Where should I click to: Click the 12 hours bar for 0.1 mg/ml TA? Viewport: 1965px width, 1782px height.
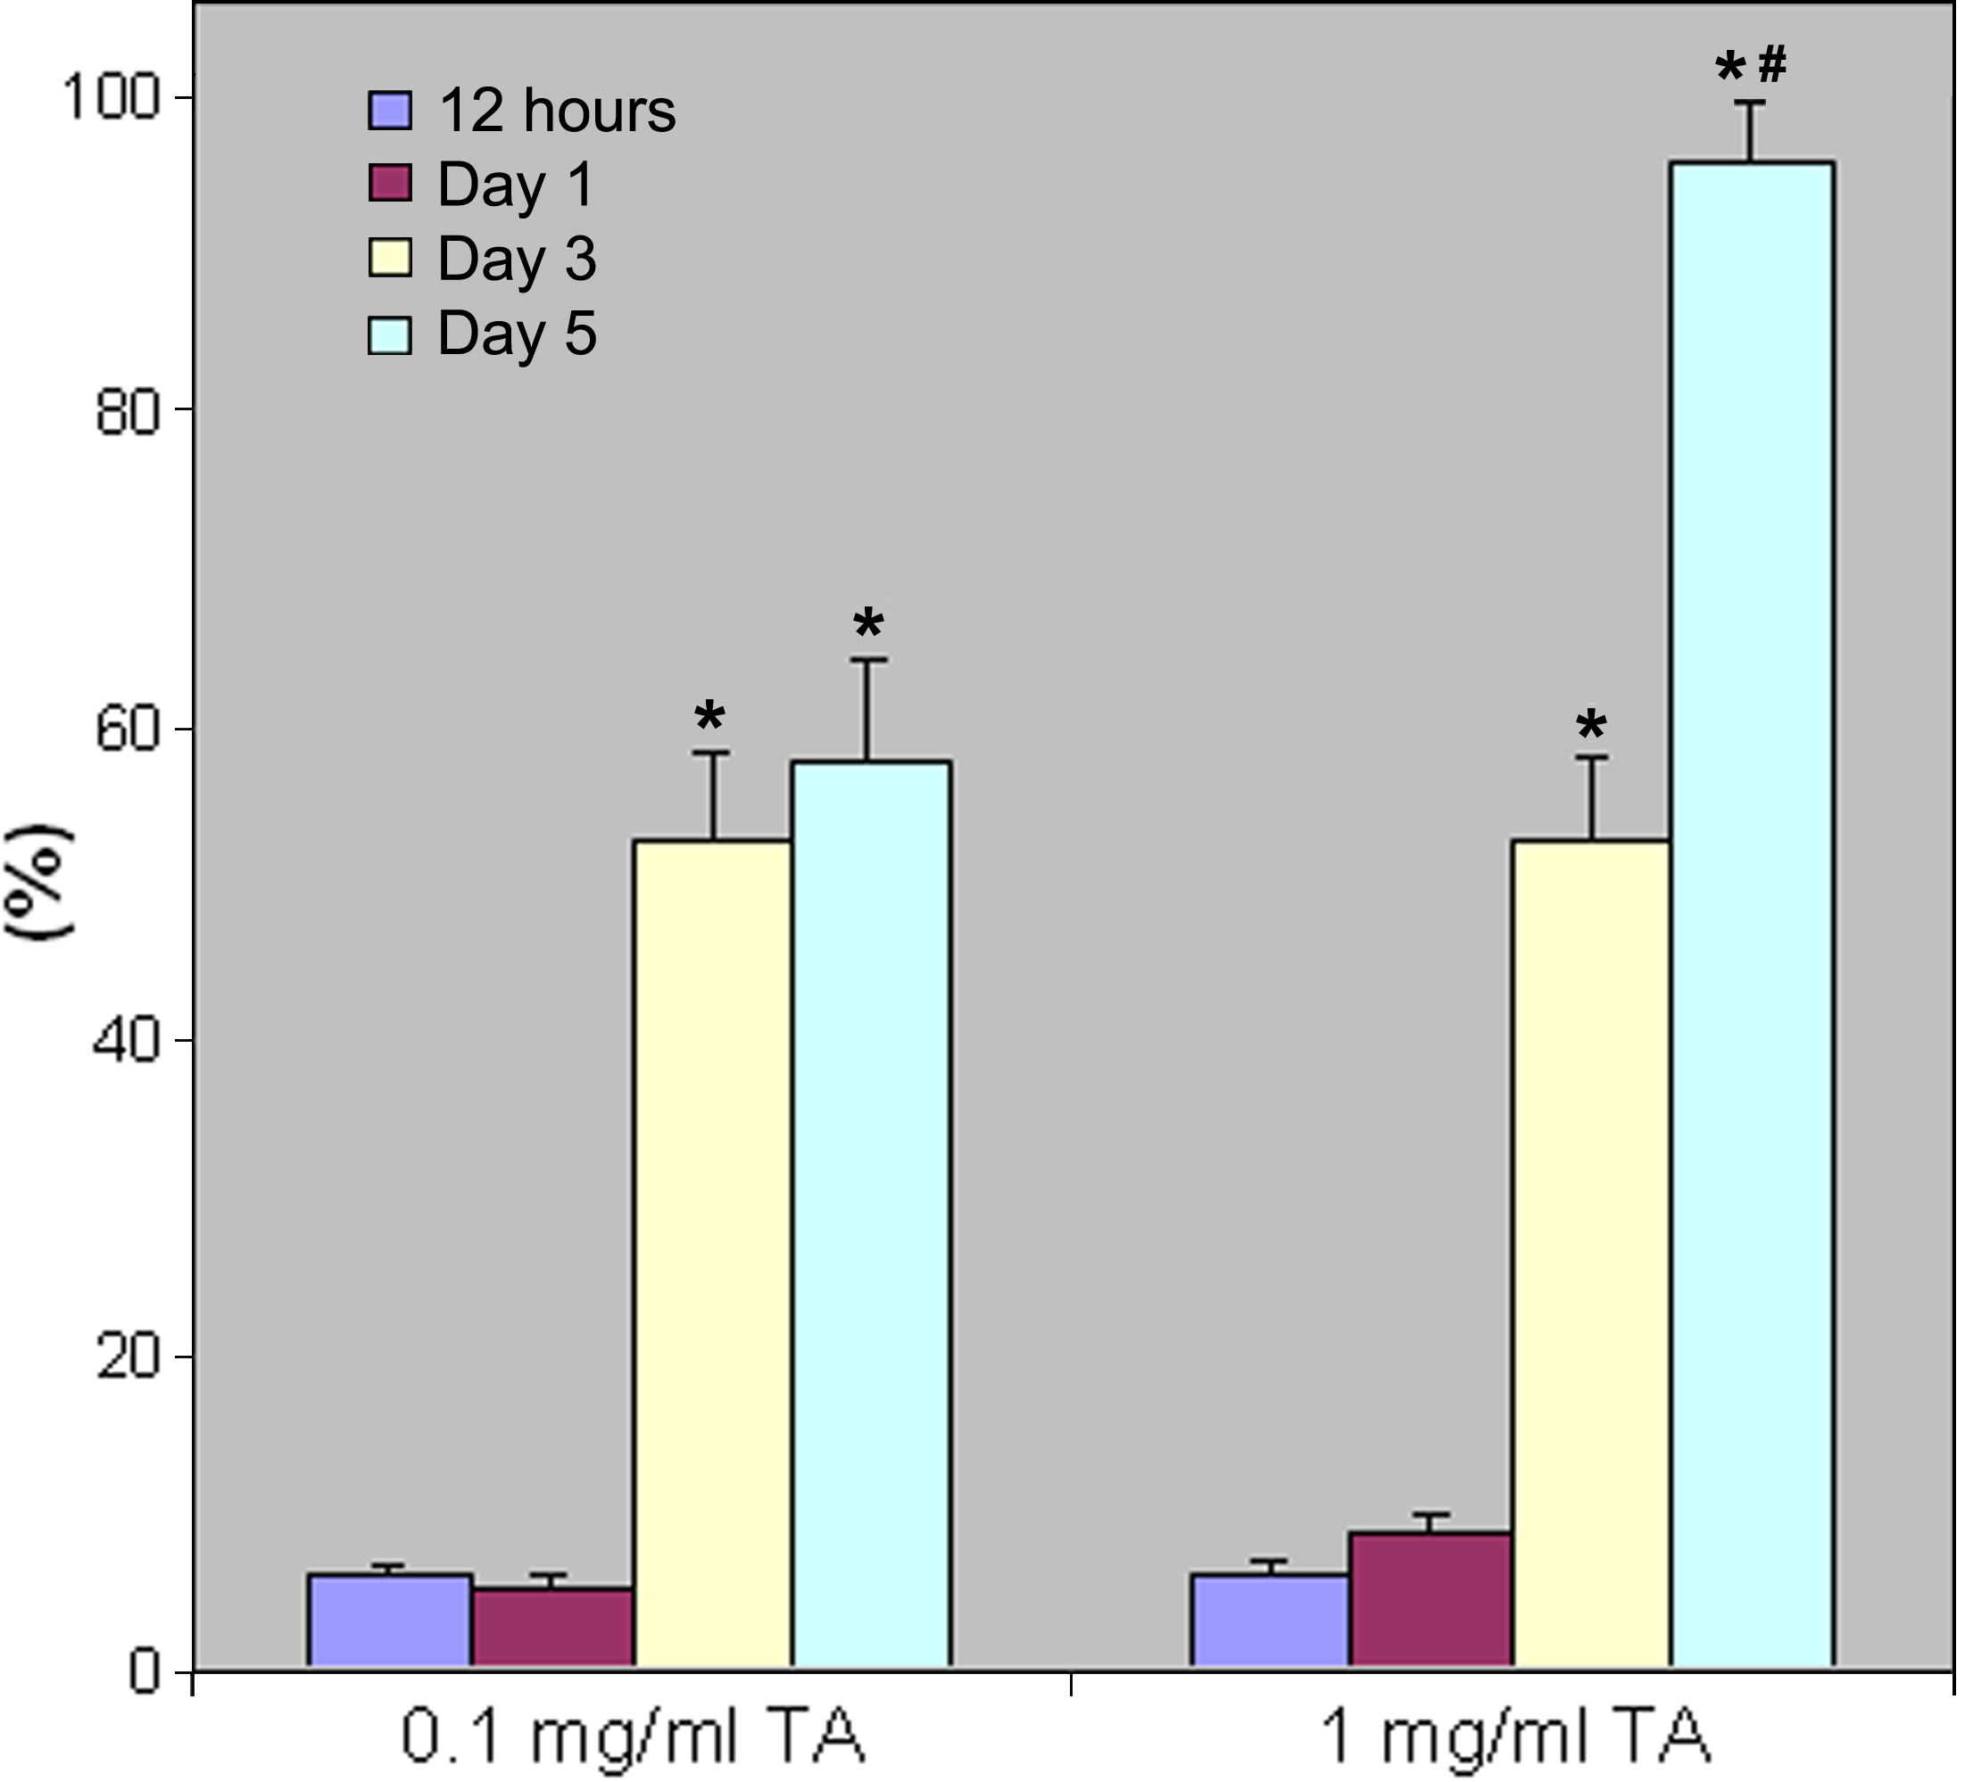[x=390, y=1621]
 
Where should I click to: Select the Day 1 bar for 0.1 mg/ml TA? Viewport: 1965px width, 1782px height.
[x=552, y=1627]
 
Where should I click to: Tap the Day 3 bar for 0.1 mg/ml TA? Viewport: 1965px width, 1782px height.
[x=712, y=1252]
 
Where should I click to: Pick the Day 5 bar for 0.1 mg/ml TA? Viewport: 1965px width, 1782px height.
[x=870, y=1213]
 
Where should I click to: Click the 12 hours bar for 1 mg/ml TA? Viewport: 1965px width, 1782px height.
[x=1270, y=1621]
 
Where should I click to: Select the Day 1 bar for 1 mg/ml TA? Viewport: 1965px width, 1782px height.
[x=1430, y=1599]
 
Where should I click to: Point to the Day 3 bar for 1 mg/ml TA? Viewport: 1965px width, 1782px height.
[x=1591, y=1252]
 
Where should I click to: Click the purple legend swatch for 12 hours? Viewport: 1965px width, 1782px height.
[x=390, y=110]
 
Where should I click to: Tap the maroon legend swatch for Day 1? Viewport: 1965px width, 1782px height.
[x=390, y=183]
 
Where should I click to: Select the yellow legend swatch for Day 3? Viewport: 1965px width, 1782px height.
[x=390, y=258]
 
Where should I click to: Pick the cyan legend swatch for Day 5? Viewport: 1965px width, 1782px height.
[x=390, y=334]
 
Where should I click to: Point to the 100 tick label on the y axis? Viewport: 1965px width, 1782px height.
[x=109, y=97]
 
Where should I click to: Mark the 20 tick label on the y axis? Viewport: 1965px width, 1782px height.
[x=127, y=1357]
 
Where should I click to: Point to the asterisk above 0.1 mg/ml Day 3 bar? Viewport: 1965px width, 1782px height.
[x=709, y=718]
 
